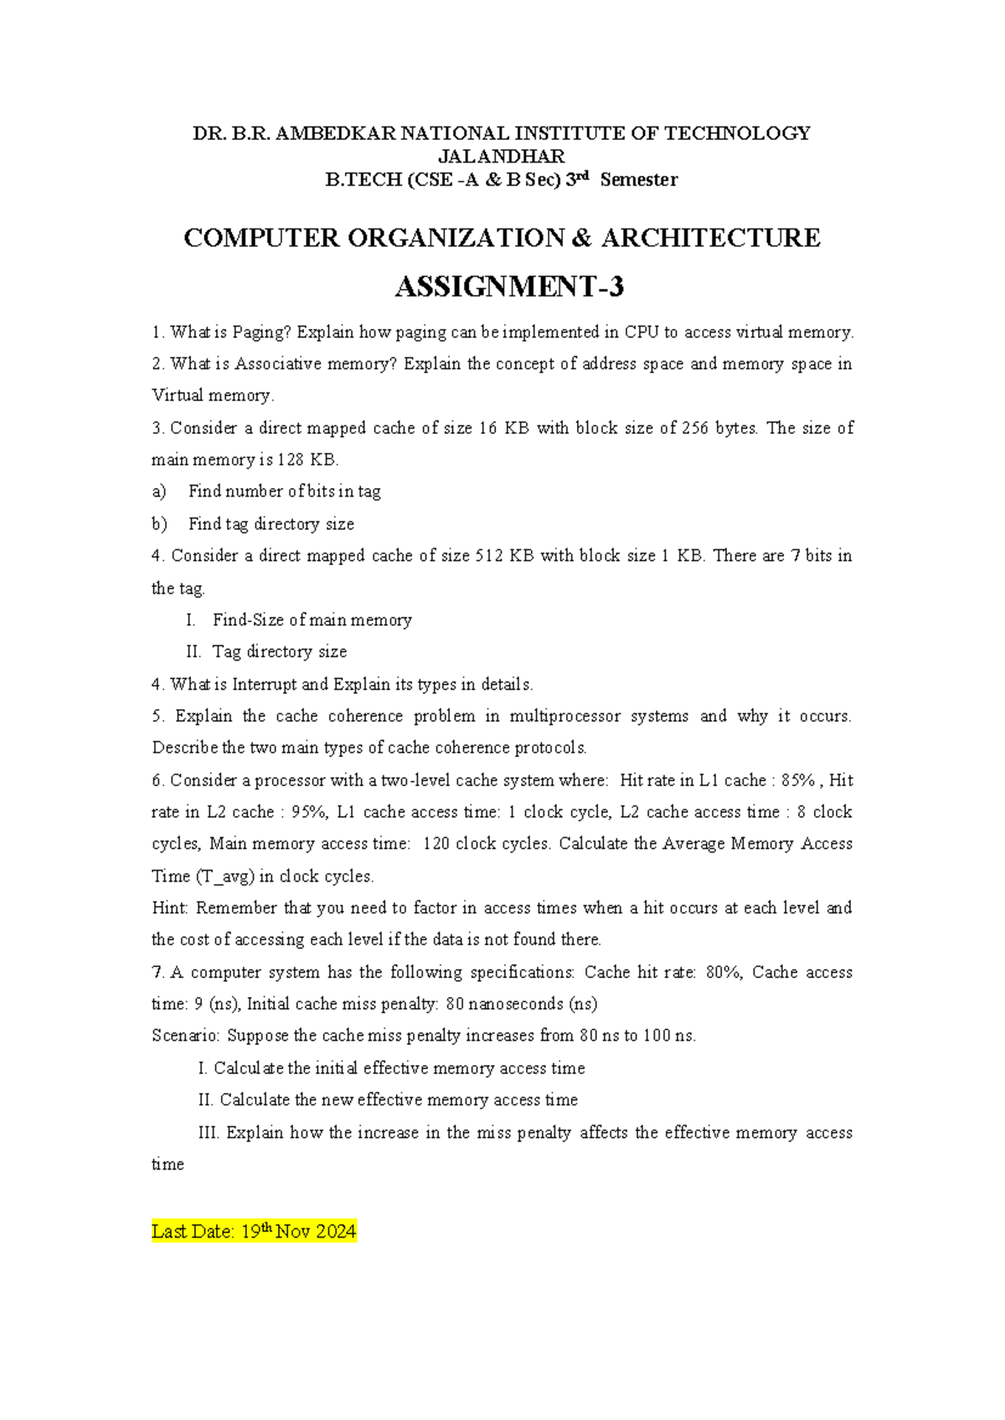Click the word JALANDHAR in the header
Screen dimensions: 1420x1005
point(502,157)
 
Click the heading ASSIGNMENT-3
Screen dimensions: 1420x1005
point(509,287)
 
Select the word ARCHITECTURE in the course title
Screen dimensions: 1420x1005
point(710,238)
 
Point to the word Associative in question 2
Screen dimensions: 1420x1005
point(276,364)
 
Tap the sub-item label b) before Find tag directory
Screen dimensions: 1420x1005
point(159,524)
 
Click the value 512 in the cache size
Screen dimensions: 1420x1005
point(489,556)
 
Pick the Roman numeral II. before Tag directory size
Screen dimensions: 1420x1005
point(194,651)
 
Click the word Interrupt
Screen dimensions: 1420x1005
point(264,684)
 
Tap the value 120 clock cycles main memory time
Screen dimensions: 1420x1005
point(436,844)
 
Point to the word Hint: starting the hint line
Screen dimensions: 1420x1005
point(171,908)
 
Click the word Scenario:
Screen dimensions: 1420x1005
point(186,1036)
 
